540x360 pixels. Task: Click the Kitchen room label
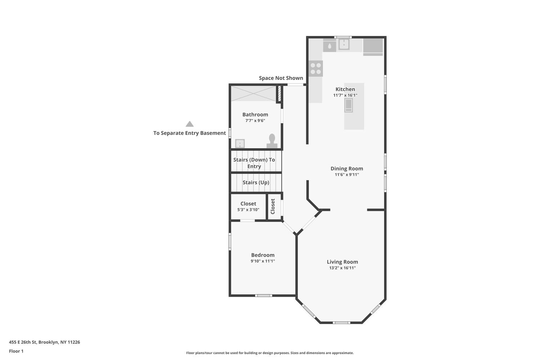tap(345, 89)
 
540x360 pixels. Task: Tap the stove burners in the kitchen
tap(316, 68)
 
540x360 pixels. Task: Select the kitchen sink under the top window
tap(344, 45)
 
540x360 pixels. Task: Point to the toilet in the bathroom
tap(272, 141)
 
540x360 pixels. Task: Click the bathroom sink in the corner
tap(240, 143)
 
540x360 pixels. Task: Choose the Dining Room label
tap(347, 168)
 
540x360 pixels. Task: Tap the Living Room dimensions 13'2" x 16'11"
tap(342, 268)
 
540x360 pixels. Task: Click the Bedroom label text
tap(263, 255)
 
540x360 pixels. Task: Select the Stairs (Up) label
tap(256, 183)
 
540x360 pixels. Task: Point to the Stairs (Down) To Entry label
tap(254, 163)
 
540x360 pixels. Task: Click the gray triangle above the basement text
tap(190, 124)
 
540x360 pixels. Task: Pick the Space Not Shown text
tap(281, 78)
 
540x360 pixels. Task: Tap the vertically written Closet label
tap(273, 206)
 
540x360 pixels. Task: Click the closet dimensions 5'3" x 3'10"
tap(248, 210)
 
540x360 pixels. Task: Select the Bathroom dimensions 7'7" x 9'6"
tap(255, 121)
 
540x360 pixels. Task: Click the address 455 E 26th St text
tap(44, 342)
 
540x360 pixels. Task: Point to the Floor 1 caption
tap(16, 351)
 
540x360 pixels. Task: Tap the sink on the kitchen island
tap(348, 105)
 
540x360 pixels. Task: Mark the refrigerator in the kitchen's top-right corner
tap(373, 47)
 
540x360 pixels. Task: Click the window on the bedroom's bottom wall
tap(263, 296)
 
